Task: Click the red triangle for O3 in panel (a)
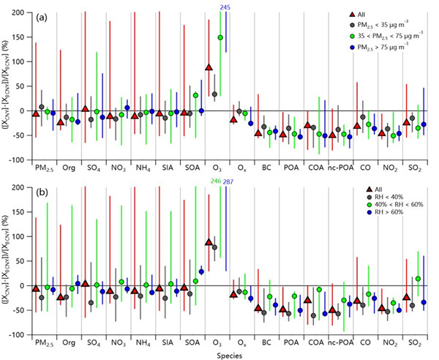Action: pyautogui.click(x=209, y=67)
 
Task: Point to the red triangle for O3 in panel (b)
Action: pyautogui.click(x=209, y=242)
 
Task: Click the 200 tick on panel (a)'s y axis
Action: pyautogui.click(x=26, y=12)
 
